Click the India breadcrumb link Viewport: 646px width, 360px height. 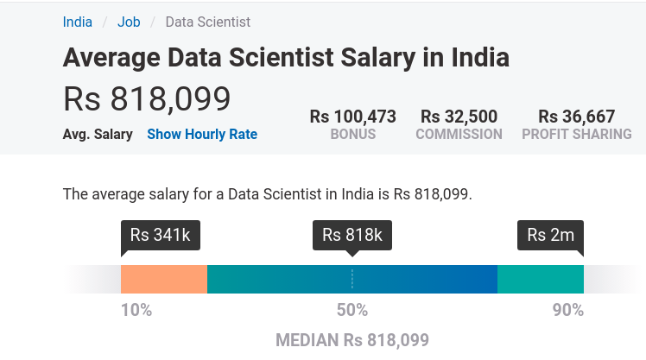point(78,22)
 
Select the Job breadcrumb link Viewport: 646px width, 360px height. point(129,22)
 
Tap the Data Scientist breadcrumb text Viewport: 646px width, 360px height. point(207,22)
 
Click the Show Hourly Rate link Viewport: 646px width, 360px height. point(202,134)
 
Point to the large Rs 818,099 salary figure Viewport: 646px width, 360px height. point(147,99)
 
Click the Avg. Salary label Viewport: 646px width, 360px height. point(98,134)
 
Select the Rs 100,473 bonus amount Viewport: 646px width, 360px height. point(352,116)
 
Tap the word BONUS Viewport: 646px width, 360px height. point(352,135)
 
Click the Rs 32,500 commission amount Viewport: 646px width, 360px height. point(459,116)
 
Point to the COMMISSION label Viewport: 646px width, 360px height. point(459,135)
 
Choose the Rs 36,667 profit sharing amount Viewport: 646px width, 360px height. point(576,116)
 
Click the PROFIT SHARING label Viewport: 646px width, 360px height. point(576,135)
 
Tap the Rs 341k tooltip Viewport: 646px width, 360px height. point(161,235)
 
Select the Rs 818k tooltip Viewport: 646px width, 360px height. point(351,235)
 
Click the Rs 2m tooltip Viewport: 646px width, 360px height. point(550,235)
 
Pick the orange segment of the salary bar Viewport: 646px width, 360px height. point(164,280)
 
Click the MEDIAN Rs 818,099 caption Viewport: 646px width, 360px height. point(352,340)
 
